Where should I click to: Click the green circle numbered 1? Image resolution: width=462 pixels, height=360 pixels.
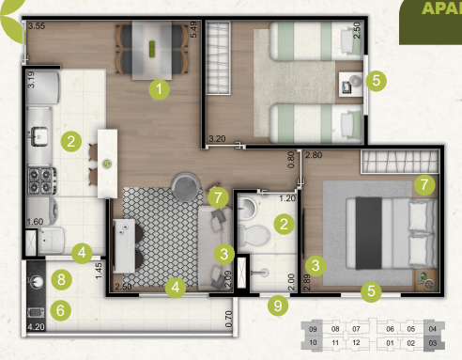[161, 90]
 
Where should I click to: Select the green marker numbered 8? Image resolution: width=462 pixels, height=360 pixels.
[62, 279]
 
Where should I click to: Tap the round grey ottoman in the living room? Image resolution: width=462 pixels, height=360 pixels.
[185, 180]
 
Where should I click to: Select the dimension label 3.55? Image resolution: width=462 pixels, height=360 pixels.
[37, 26]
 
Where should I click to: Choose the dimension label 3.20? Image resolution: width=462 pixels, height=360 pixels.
[217, 138]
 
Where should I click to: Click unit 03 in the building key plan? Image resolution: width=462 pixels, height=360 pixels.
[432, 343]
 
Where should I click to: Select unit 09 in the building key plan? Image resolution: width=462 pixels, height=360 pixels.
[312, 329]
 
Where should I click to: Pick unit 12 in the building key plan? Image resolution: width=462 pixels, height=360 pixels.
[357, 343]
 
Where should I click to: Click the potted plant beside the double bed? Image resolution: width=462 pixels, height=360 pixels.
[427, 279]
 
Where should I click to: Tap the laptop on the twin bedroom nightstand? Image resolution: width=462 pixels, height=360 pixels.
[348, 86]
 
